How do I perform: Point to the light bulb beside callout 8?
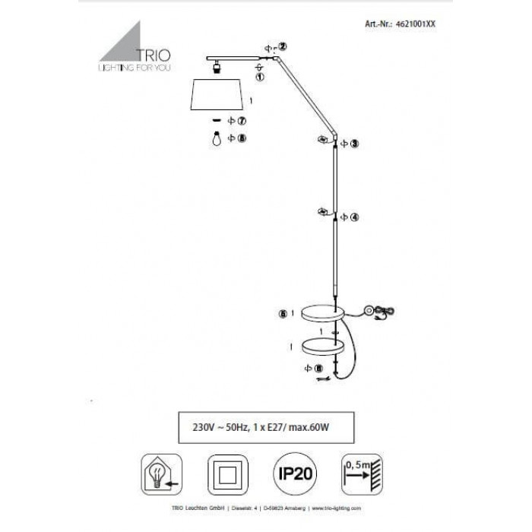click(216, 139)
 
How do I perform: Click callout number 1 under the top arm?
click(260, 77)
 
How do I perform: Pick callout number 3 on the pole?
click(354, 143)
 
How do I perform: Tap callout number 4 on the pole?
click(354, 217)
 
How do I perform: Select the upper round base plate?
click(321, 312)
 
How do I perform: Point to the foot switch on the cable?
click(371, 309)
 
